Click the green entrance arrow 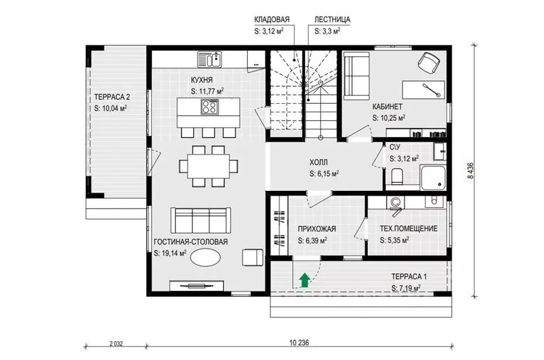coord(304,280)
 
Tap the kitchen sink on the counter coord(210,59)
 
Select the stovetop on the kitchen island coord(209,107)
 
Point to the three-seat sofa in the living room coord(201,221)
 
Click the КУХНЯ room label coord(202,80)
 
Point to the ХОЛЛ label coord(318,162)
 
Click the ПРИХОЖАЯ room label coord(317,229)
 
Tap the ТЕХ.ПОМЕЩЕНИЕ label coord(409,228)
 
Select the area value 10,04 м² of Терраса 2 coord(110,108)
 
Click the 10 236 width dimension coord(299,343)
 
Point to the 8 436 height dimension coord(471,170)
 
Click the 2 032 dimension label coord(116,344)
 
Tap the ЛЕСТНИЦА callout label coord(332,20)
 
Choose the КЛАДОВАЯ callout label coord(272,20)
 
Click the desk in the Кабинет coord(423,90)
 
